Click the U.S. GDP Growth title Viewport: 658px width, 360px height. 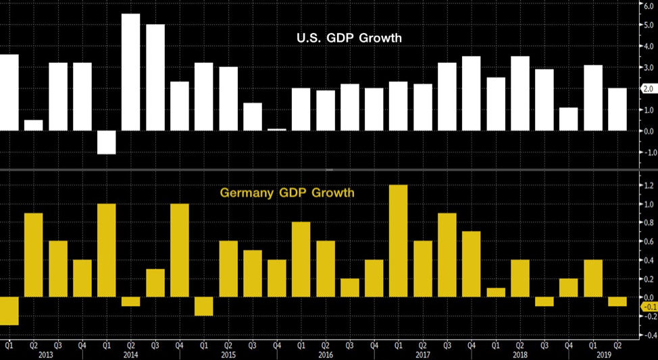349,38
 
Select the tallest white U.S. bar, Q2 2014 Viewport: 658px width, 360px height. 130,72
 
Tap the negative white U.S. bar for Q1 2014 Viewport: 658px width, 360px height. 106,143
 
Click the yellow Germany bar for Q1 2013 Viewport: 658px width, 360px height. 9,311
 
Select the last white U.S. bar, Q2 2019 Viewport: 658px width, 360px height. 617,109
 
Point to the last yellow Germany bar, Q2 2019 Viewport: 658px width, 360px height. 617,301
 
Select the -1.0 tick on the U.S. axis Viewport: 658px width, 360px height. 645,152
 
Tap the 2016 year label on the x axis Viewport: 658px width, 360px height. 325,354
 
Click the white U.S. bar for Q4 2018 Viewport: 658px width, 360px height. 568,119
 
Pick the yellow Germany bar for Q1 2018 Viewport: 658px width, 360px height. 495,292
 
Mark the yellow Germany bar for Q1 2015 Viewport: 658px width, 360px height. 203,306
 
